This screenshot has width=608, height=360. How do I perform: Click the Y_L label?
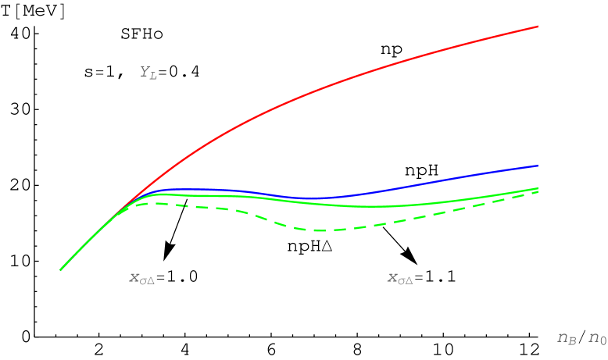pos(148,73)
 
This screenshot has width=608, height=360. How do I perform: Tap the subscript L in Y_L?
pos(153,77)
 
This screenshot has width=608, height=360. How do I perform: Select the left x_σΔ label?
pos(142,278)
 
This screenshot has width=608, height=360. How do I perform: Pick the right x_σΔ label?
pos(400,278)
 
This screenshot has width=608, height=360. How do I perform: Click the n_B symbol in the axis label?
pos(567,338)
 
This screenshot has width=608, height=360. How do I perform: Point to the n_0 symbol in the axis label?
pos(597,338)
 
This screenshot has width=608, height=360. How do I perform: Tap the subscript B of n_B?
pos(572,341)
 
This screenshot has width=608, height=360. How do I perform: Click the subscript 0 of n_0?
pos(603,341)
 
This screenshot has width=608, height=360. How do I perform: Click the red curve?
pos(313,92)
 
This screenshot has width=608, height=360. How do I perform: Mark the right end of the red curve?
pos(538,27)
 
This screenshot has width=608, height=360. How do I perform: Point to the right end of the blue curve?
pos(538,166)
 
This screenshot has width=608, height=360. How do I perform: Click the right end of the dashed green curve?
pos(538,191)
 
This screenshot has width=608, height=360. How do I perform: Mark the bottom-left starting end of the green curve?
pos(61,270)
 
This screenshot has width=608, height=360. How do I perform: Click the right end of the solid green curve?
pos(538,187)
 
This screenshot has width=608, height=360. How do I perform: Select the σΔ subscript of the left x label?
pos(147,280)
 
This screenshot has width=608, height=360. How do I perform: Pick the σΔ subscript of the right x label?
pos(405,280)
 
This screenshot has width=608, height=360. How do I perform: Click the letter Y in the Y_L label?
pos(145,71)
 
